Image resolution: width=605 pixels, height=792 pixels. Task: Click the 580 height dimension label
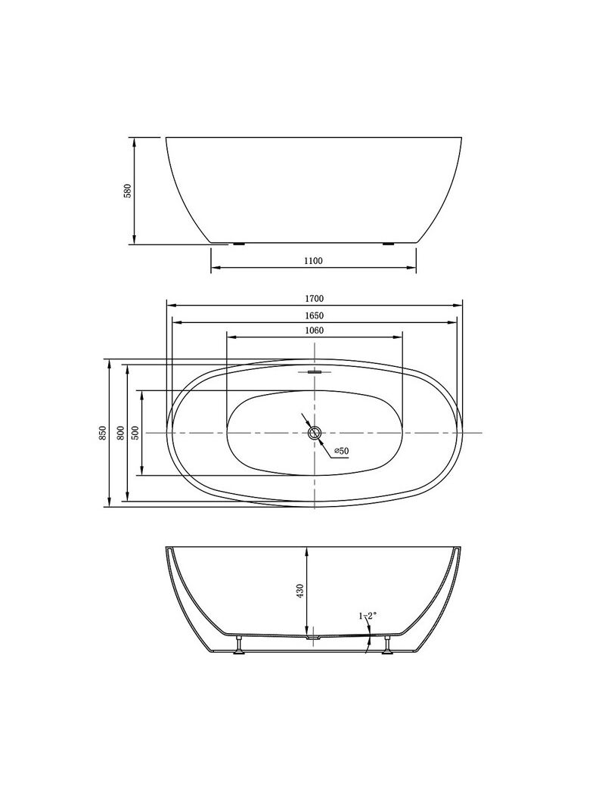tap(128, 191)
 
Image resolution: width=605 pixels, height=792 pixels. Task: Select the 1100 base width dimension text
tap(313, 261)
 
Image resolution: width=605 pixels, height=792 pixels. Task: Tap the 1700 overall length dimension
tap(314, 298)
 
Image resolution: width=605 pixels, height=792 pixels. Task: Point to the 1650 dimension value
tap(314, 315)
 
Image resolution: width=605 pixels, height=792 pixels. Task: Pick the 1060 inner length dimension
tap(314, 331)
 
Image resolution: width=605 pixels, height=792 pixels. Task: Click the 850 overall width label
tap(103, 433)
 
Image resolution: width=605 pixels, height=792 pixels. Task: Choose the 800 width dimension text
tap(120, 433)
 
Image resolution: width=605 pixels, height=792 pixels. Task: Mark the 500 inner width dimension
tap(135, 433)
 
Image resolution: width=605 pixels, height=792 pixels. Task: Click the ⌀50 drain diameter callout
tap(341, 451)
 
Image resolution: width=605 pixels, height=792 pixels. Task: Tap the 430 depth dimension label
tap(300, 591)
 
